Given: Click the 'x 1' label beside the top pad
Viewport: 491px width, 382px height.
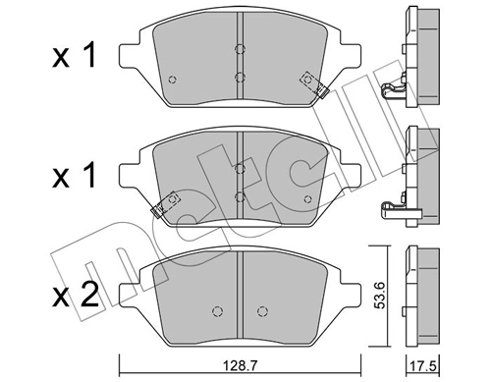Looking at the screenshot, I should (x=75, y=56).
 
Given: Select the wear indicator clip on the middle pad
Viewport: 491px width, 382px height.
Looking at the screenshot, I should (x=164, y=201).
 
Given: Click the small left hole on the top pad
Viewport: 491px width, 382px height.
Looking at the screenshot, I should (x=172, y=80).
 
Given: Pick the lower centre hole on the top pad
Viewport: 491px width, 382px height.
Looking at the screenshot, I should (x=240, y=76).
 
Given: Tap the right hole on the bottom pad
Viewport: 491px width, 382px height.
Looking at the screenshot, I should (x=261, y=312).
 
